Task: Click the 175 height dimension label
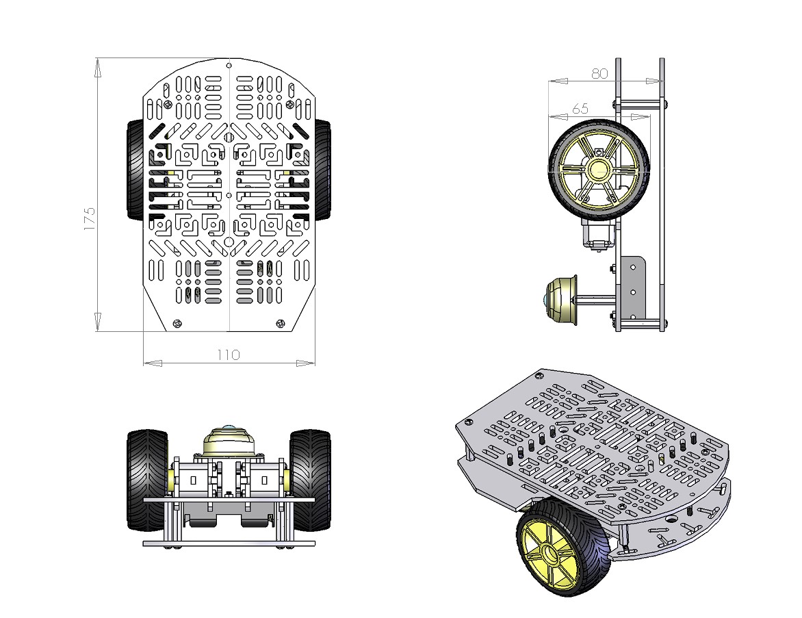point(90,219)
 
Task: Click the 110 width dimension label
point(229,355)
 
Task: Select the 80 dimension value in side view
point(599,73)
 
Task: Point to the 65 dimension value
point(580,109)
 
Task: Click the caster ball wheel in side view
point(558,300)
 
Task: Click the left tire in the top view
point(135,170)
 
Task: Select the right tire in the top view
point(322,170)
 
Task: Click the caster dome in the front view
point(229,441)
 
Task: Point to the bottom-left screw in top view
point(178,324)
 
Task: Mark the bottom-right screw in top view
point(279,324)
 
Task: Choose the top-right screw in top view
point(291,104)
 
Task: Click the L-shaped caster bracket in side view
point(634,287)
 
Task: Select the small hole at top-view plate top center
point(229,66)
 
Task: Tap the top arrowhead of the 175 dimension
point(97,66)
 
